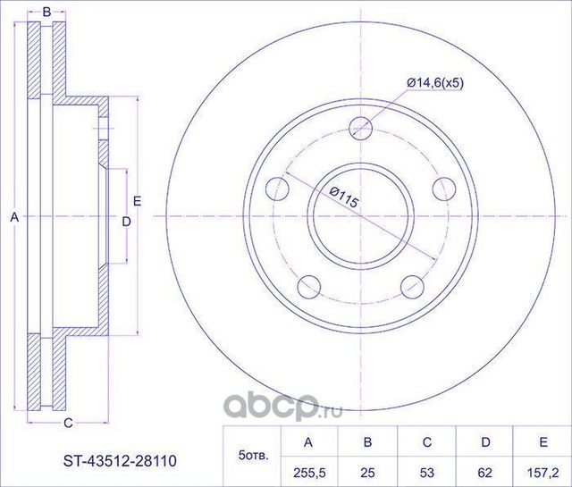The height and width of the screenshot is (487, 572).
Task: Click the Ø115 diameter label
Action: [342, 197]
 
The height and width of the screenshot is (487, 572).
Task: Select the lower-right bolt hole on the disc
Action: [412, 286]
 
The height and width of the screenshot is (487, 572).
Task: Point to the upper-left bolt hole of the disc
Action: [278, 189]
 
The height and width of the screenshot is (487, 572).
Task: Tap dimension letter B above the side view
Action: [46, 12]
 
